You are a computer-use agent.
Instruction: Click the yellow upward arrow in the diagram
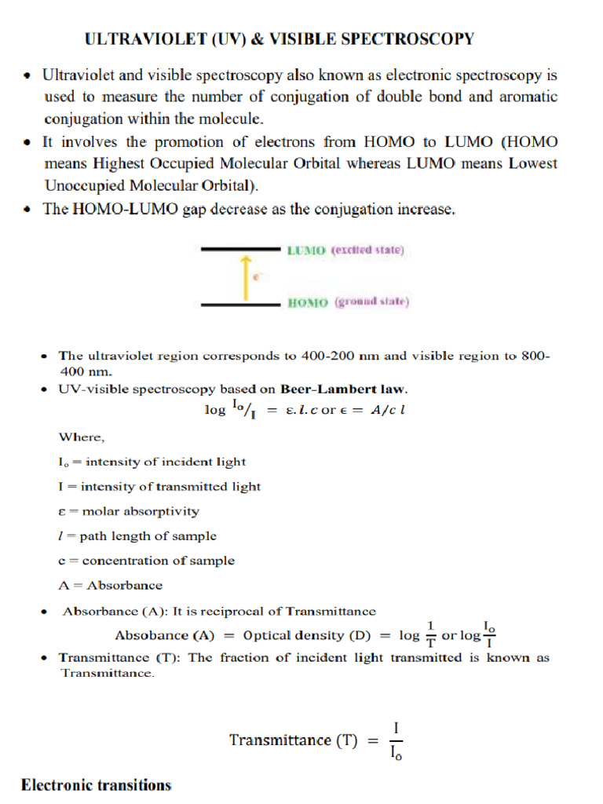pyautogui.click(x=245, y=277)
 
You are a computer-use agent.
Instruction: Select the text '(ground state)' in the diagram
pyautogui.click(x=371, y=302)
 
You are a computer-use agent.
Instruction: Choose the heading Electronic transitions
pyautogui.click(x=96, y=785)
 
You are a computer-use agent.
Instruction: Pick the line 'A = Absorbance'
pyautogui.click(x=111, y=585)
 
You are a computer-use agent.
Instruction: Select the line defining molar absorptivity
pyautogui.click(x=130, y=511)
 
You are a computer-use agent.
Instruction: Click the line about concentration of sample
pyautogui.click(x=147, y=561)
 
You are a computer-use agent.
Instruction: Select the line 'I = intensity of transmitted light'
pyautogui.click(x=160, y=486)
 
